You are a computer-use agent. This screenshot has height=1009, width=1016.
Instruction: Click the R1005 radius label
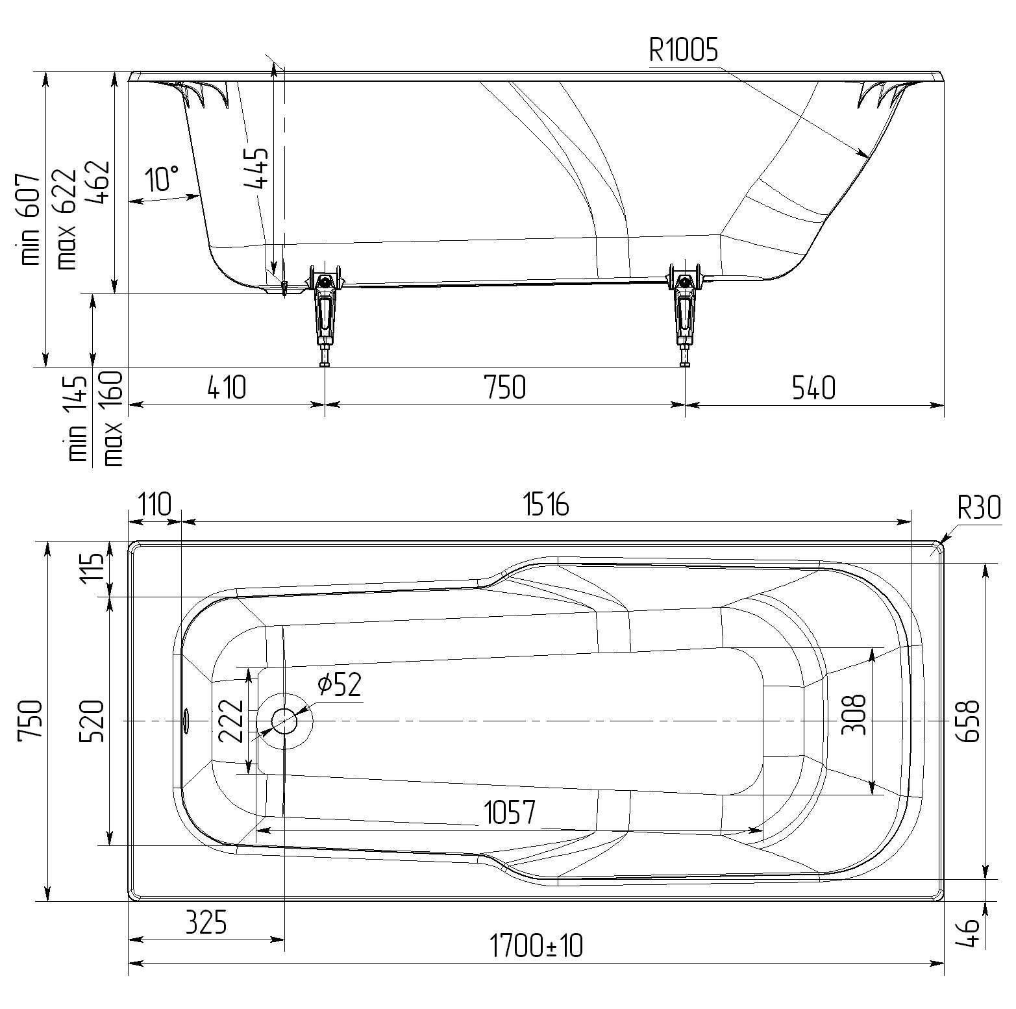tap(684, 49)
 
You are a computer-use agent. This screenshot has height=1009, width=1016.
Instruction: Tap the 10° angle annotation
tap(162, 178)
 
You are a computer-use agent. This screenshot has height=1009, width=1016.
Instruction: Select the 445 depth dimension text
tap(256, 168)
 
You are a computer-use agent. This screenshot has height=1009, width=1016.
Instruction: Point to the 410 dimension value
tap(227, 388)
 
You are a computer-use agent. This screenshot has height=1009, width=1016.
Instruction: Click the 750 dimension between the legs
tap(504, 388)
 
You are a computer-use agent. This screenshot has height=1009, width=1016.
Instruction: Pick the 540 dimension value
tap(813, 388)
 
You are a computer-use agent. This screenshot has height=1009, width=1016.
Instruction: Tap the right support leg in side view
tap(684, 315)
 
